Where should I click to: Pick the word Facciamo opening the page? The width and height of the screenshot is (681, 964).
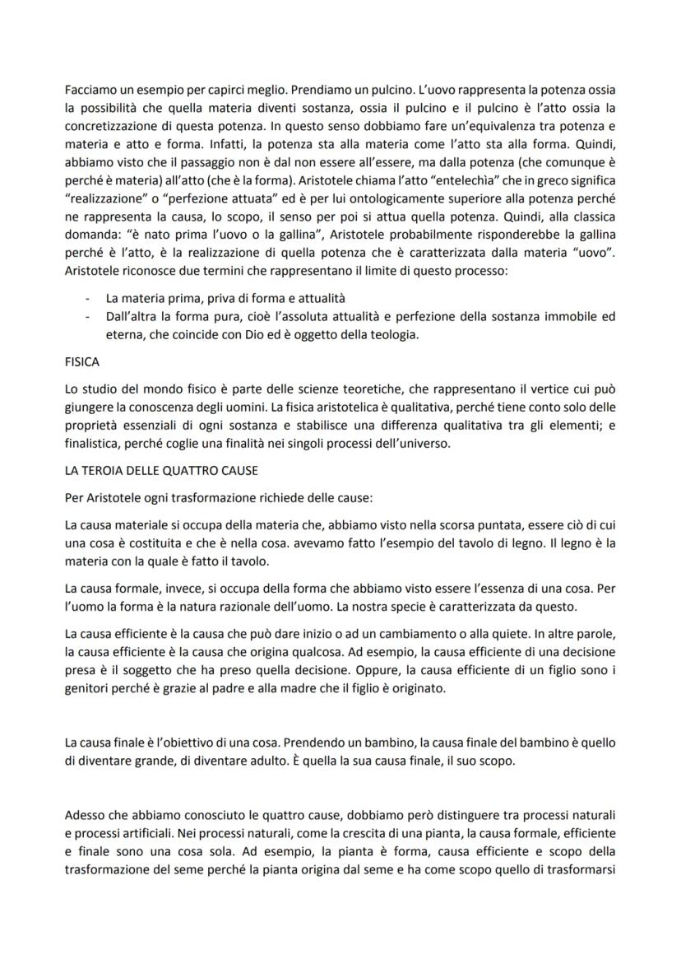pos(91,88)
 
